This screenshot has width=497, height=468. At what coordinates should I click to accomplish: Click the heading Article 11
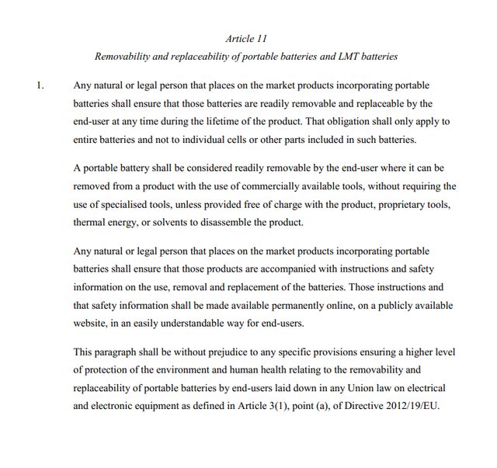pos(248,38)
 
